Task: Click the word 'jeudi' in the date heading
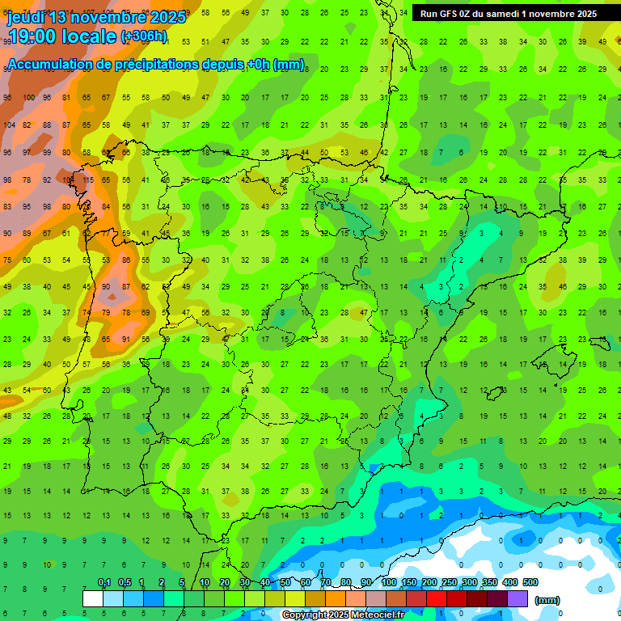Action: coord(26,17)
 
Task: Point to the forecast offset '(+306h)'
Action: coord(143,36)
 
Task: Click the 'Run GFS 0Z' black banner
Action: coord(509,14)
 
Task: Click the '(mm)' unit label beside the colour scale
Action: coord(547,601)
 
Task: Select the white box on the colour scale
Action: coord(93,598)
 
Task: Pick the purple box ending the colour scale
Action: coord(517,598)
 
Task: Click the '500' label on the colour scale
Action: coord(530,582)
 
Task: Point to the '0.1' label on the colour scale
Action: coord(104,582)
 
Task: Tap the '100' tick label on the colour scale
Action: coord(388,582)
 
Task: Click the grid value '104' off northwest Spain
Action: coord(9,125)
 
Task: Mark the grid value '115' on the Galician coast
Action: coord(87,180)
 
